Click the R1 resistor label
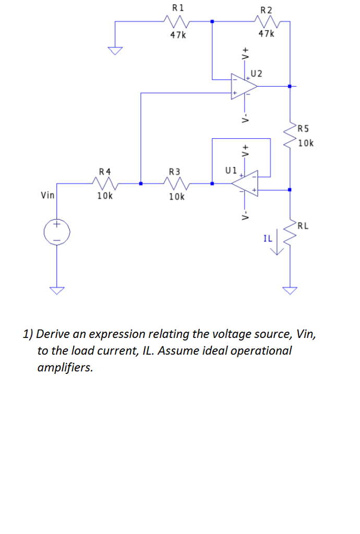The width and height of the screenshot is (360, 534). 177,8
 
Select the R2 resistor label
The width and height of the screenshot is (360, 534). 266,10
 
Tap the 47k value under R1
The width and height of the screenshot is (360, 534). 177,35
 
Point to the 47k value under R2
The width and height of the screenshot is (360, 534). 266,34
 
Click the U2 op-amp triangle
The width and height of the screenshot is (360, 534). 243,86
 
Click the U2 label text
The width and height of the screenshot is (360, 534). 257,74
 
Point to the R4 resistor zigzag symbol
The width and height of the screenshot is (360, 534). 104,184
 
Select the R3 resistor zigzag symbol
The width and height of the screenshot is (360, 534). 176,184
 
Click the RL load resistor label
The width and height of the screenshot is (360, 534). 304,226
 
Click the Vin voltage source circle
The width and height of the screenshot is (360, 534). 56,232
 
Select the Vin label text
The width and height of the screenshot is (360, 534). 47,196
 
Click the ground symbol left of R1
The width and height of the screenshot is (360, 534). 115,50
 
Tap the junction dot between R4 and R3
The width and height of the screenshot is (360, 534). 141,184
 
